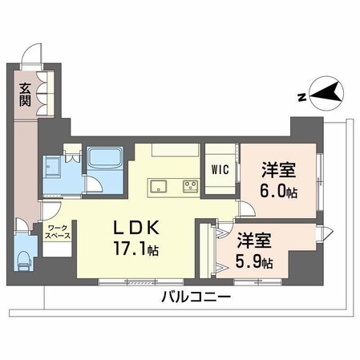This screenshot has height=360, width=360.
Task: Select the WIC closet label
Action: pyautogui.click(x=220, y=170)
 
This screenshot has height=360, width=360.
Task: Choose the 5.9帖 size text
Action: pyautogui.click(x=254, y=261)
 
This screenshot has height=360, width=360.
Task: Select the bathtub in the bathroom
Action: pyautogui.click(x=102, y=158)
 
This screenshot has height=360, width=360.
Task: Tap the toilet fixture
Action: pyautogui.click(x=23, y=259)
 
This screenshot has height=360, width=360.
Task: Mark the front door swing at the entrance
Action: pyautogui.click(x=31, y=58)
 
